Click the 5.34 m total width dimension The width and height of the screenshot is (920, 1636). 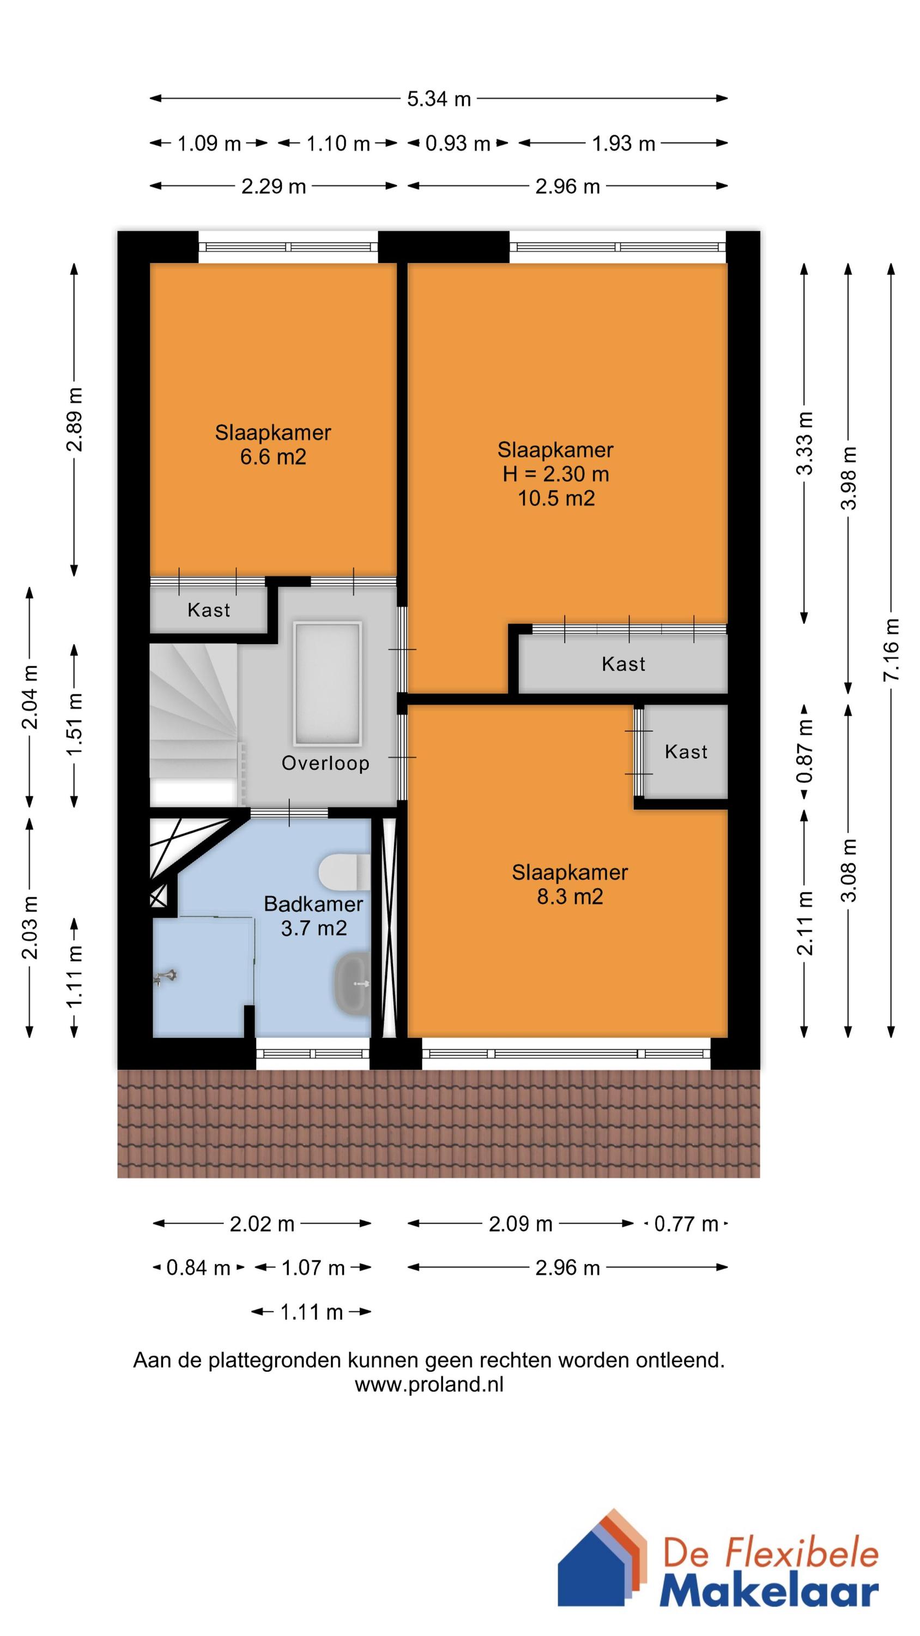pyautogui.click(x=439, y=99)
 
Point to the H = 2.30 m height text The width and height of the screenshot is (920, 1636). pyautogui.click(x=555, y=474)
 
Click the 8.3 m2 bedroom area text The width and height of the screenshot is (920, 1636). pyautogui.click(x=570, y=896)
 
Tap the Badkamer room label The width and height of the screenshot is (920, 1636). pyautogui.click(x=313, y=904)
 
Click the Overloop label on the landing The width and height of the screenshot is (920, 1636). pyautogui.click(x=325, y=763)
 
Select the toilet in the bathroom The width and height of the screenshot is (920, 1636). pyautogui.click(x=343, y=872)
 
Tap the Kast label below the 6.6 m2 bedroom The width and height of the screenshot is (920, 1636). pyautogui.click(x=208, y=610)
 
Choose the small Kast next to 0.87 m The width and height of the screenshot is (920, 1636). pyautogui.click(x=686, y=752)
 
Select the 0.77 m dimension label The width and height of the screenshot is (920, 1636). pyautogui.click(x=686, y=1224)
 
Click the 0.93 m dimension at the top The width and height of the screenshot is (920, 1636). pyautogui.click(x=457, y=143)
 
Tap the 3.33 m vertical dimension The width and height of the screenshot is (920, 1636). pyautogui.click(x=804, y=443)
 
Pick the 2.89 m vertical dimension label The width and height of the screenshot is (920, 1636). pyautogui.click(x=74, y=419)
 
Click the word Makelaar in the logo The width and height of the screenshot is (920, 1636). pyautogui.click(x=769, y=1587)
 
